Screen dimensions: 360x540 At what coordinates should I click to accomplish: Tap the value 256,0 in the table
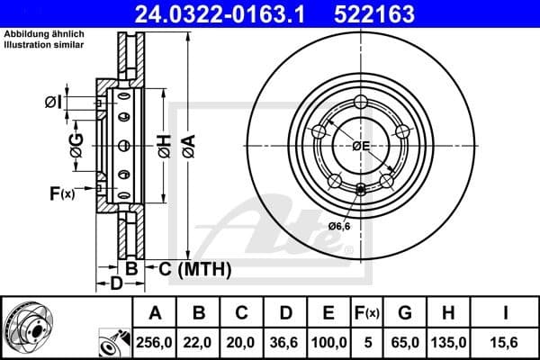(x=155, y=342)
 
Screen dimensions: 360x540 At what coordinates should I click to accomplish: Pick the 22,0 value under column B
(x=199, y=342)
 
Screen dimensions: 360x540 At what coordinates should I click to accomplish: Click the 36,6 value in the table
(x=285, y=342)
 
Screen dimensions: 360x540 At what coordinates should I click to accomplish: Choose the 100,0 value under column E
(x=328, y=342)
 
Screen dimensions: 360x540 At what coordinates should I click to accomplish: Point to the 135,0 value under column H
(x=448, y=342)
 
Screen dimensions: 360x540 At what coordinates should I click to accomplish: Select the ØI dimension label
(x=53, y=103)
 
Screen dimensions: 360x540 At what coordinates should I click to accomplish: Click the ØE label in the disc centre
(x=362, y=145)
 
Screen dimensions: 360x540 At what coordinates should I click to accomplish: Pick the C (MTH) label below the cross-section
(x=195, y=268)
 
